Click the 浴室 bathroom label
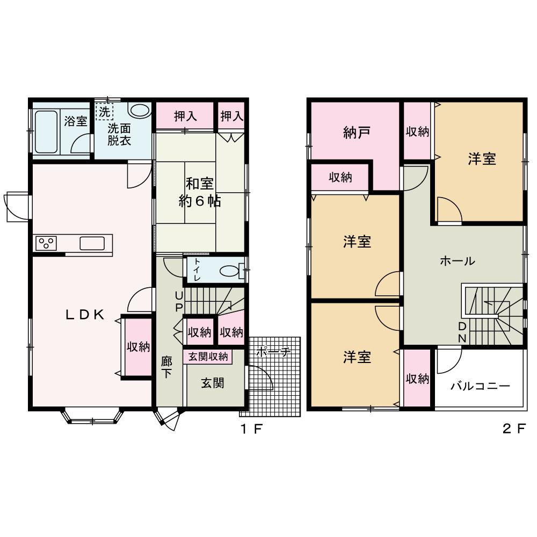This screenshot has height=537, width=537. [76, 121]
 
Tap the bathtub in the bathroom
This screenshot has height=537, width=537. [46, 132]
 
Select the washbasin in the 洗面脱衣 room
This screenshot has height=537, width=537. [140, 110]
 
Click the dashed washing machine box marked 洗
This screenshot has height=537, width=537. [104, 111]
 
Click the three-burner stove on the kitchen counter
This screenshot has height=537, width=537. [46, 243]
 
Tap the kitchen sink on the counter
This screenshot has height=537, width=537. [92, 243]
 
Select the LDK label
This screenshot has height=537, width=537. [85, 315]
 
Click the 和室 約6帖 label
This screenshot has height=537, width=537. [200, 192]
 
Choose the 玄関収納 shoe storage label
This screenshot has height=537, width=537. [208, 357]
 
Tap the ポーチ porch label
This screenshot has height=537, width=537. [273, 351]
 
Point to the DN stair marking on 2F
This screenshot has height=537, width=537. [462, 332]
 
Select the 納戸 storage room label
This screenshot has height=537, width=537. [357, 133]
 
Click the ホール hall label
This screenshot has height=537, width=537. [458, 262]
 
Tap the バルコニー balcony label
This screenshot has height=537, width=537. [481, 386]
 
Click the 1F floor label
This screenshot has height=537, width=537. [252, 429]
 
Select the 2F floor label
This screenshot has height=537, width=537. [514, 429]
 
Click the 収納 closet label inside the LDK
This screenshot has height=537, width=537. [139, 347]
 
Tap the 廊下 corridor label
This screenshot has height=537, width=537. [167, 367]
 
